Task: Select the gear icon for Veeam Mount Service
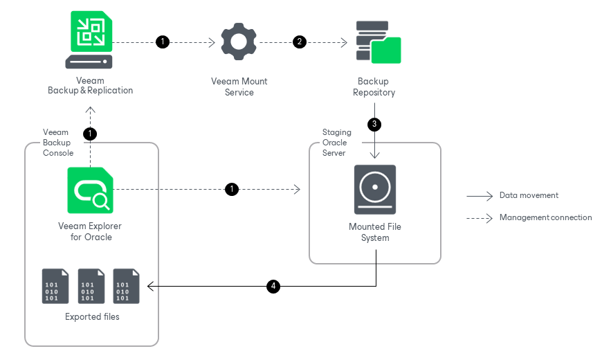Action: [x=239, y=42]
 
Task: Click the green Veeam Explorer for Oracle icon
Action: [x=90, y=190]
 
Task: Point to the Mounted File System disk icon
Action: [x=375, y=189]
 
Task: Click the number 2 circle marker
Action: [x=300, y=42]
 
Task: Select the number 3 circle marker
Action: [x=375, y=125]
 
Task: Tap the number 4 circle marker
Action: [x=273, y=286]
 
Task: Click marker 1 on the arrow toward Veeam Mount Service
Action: [x=163, y=42]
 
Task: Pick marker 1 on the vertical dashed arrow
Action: [x=90, y=133]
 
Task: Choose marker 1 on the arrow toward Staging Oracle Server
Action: [x=232, y=189]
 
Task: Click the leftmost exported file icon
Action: [x=55, y=286]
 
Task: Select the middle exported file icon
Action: [x=91, y=286]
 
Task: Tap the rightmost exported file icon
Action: [x=127, y=286]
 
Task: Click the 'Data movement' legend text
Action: [x=529, y=196]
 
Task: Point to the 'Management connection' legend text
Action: [x=545, y=217]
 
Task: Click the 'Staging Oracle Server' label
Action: [x=337, y=143]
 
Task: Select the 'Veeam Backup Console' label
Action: [x=57, y=143]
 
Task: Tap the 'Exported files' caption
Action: [x=92, y=317]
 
